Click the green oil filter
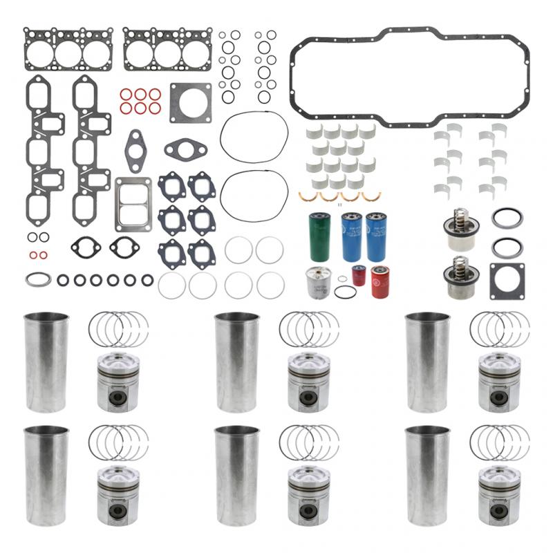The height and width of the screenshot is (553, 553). pyautogui.click(x=319, y=236)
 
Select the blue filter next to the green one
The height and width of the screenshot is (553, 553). pyautogui.click(x=350, y=236)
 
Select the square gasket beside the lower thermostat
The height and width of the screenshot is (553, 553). pyautogui.click(x=507, y=281)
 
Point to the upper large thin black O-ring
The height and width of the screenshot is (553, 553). pyautogui.click(x=254, y=137)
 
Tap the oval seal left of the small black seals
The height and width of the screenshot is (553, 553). pyautogui.click(x=38, y=280)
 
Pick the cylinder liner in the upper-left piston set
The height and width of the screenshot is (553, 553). pyautogui.click(x=46, y=362)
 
